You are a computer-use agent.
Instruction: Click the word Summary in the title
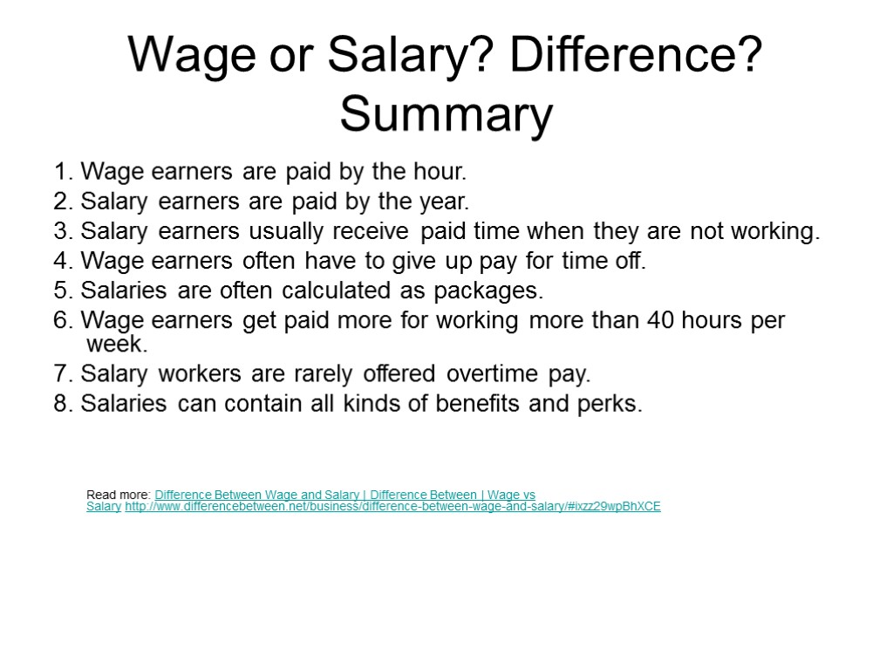click(446, 115)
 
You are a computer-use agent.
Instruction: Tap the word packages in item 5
click(492, 289)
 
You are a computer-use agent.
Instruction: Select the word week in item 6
click(117, 344)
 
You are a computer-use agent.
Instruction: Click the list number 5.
click(61, 289)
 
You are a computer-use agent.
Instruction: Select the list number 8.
click(61, 404)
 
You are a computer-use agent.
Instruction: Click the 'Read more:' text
click(119, 495)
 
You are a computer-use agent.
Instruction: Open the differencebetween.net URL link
click(392, 506)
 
